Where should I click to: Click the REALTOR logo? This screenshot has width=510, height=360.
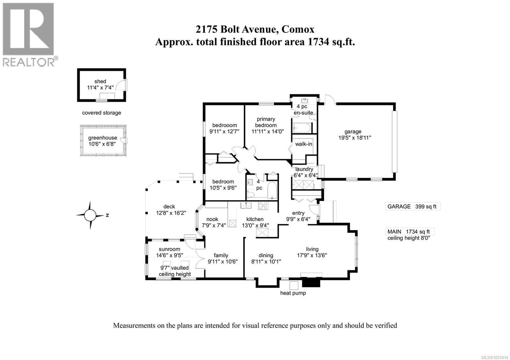(29, 34)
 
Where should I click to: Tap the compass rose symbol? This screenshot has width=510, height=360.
(91, 215)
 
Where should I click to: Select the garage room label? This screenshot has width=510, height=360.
(353, 132)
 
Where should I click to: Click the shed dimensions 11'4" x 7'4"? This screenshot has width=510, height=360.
(100, 88)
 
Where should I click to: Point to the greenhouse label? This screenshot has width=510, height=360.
(103, 138)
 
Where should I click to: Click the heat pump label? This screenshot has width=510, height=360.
(293, 293)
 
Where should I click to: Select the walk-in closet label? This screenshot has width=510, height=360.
(303, 144)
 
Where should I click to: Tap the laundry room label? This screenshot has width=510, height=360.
(304, 169)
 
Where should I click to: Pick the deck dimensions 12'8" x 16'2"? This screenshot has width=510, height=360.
(169, 213)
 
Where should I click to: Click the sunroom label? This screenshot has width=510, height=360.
(169, 249)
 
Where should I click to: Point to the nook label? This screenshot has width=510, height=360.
(212, 219)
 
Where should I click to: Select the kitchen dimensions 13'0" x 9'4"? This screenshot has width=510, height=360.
(255, 225)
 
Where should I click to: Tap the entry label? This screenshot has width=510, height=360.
(298, 213)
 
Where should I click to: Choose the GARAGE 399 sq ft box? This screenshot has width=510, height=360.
(412, 206)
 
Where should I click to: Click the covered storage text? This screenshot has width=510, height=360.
(101, 113)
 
